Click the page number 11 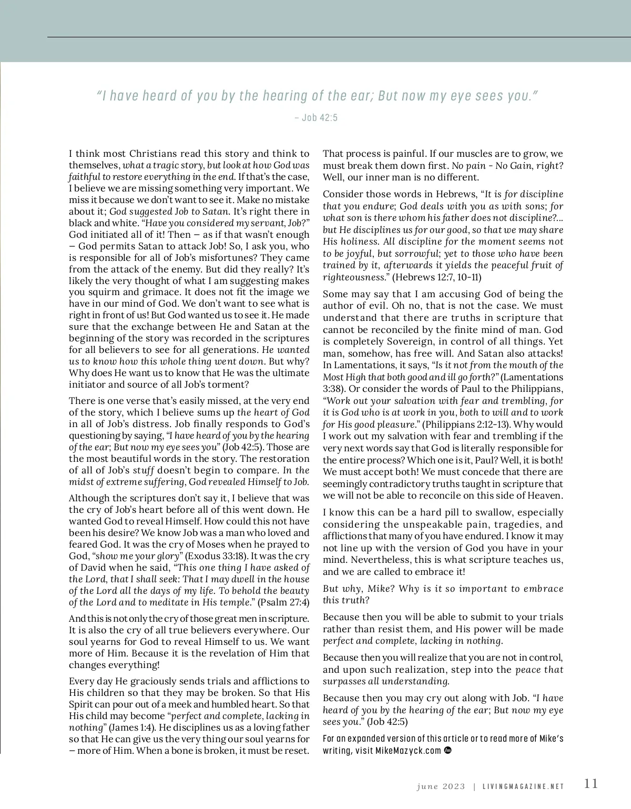tap(591, 783)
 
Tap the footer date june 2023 tap(441, 787)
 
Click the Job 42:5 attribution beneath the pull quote tap(316, 118)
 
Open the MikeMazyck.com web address tap(408, 751)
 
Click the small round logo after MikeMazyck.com tap(448, 750)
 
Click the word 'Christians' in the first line tap(152, 154)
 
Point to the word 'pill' tap(444, 513)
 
